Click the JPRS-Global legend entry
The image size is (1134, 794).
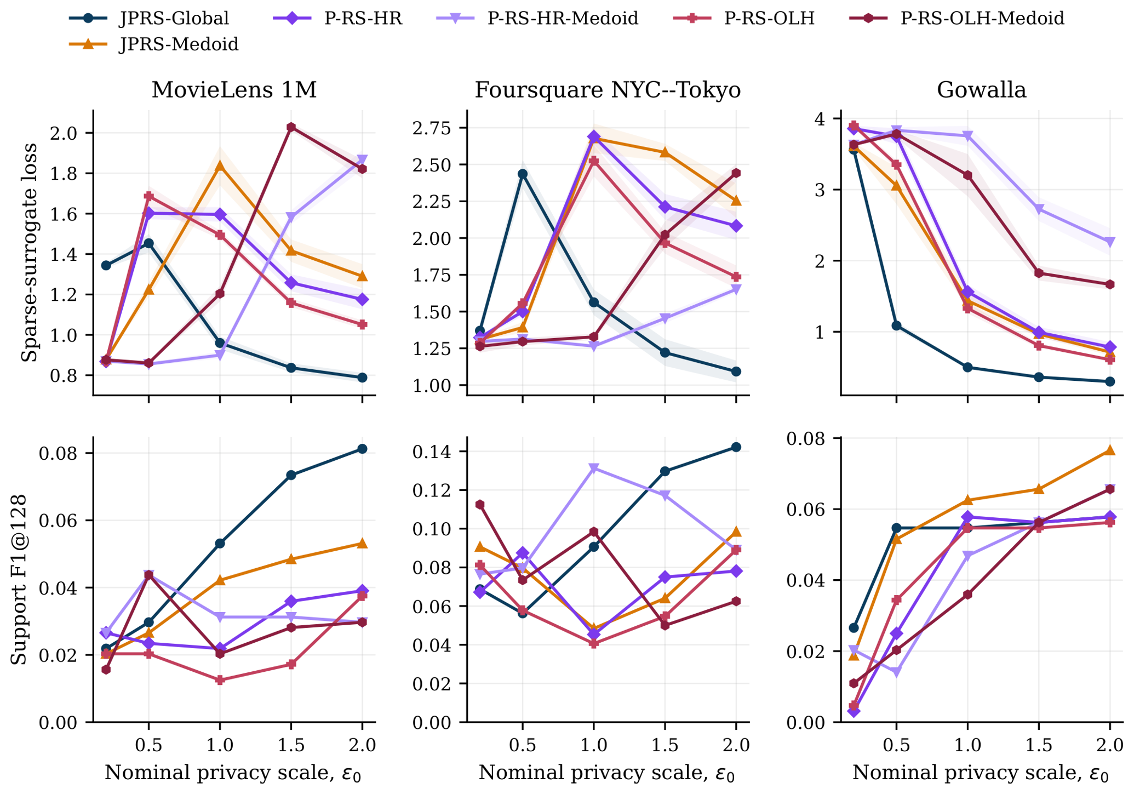(x=149, y=18)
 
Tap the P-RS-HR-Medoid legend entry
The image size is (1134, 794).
(x=537, y=18)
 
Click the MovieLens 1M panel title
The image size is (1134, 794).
(x=234, y=90)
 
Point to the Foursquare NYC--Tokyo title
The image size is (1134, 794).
(x=608, y=90)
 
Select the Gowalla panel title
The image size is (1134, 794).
(x=981, y=90)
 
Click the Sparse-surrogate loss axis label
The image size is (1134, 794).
(x=29, y=253)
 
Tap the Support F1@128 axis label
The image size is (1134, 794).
(x=20, y=580)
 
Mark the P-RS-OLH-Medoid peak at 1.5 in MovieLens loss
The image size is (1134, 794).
(x=291, y=127)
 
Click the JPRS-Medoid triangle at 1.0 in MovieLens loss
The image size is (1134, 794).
(x=220, y=165)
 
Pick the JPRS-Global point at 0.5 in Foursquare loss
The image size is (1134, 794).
(x=523, y=174)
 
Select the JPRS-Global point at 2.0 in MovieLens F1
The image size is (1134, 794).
(x=362, y=449)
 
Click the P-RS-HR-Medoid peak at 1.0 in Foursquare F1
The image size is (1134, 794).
(x=594, y=468)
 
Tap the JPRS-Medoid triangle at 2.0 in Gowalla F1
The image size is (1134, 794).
(x=1110, y=450)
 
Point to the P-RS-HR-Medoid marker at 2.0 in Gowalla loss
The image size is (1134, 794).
(x=1110, y=242)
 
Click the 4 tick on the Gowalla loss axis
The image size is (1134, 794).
(x=826, y=119)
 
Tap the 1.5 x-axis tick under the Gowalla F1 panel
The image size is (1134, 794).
(x=1039, y=746)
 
